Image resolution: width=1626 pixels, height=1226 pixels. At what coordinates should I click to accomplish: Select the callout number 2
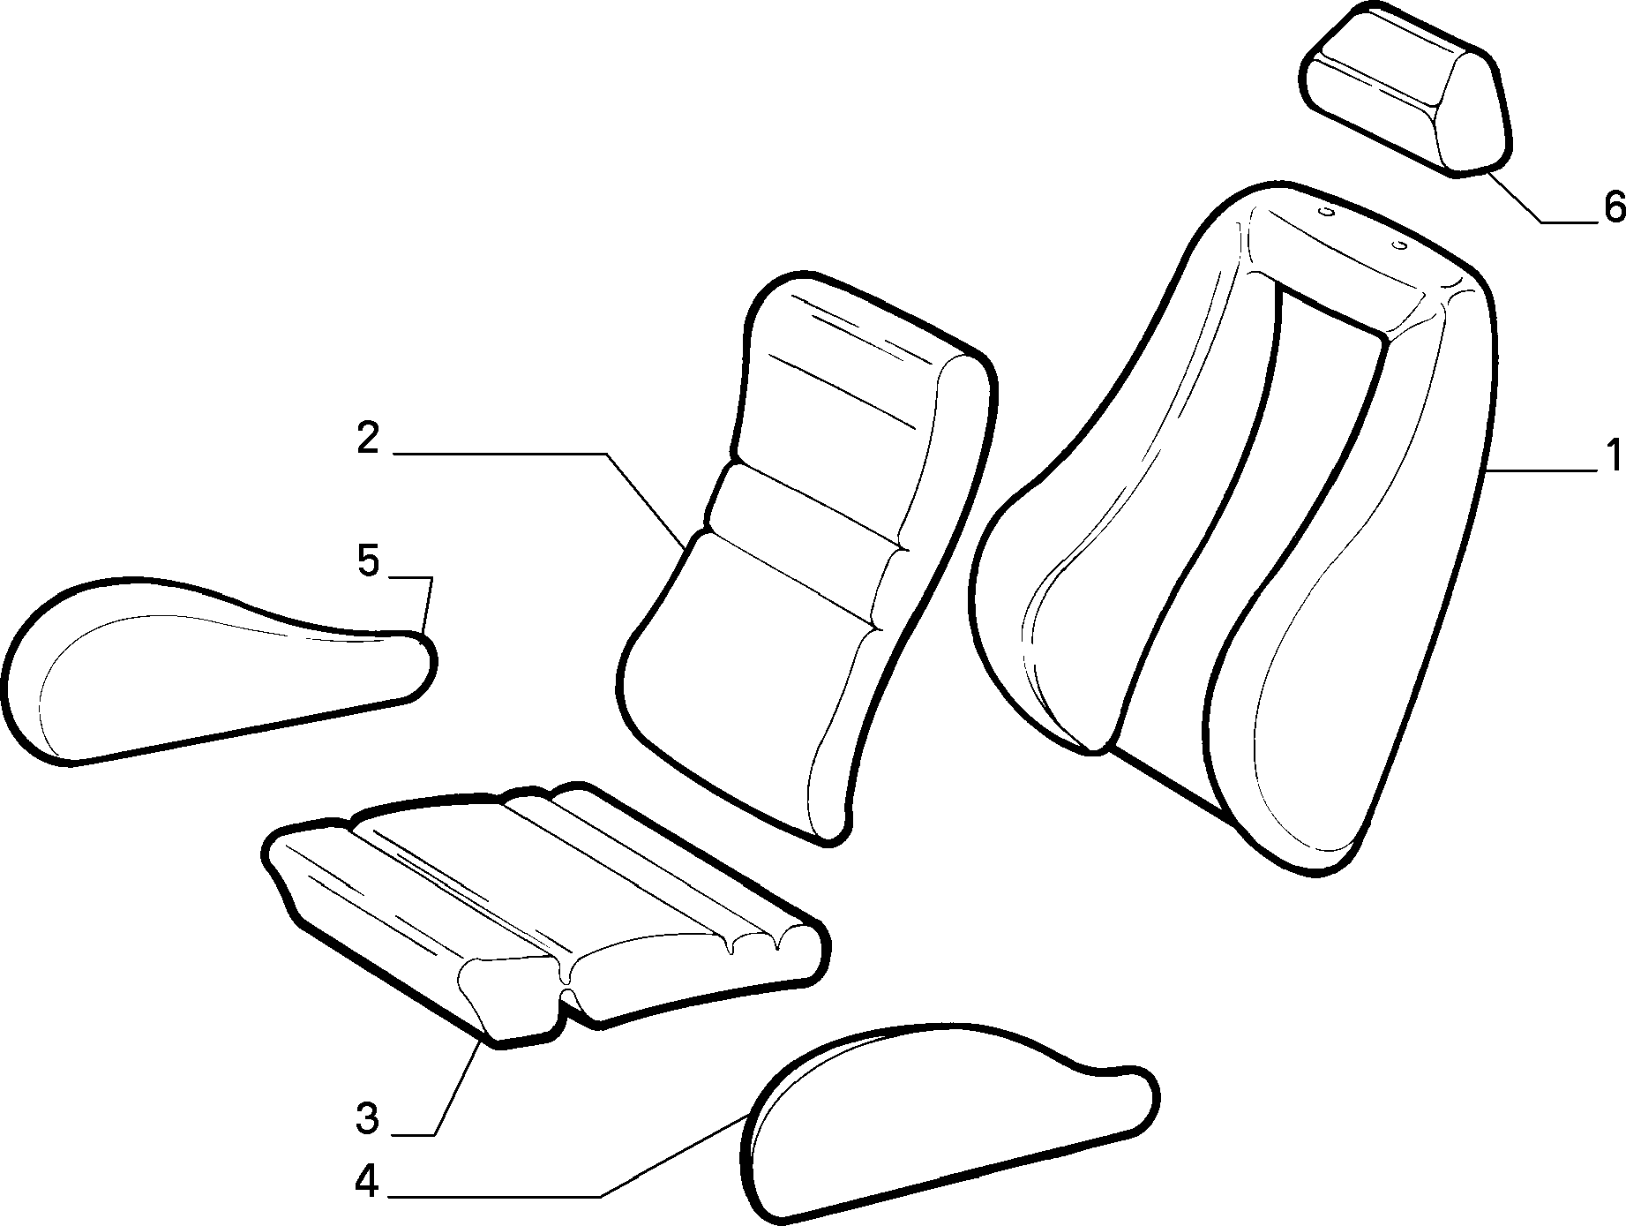click(x=368, y=439)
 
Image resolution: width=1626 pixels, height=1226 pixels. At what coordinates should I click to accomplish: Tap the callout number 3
click(x=368, y=1119)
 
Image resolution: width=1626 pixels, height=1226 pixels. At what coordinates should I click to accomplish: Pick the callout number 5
click(x=368, y=561)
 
